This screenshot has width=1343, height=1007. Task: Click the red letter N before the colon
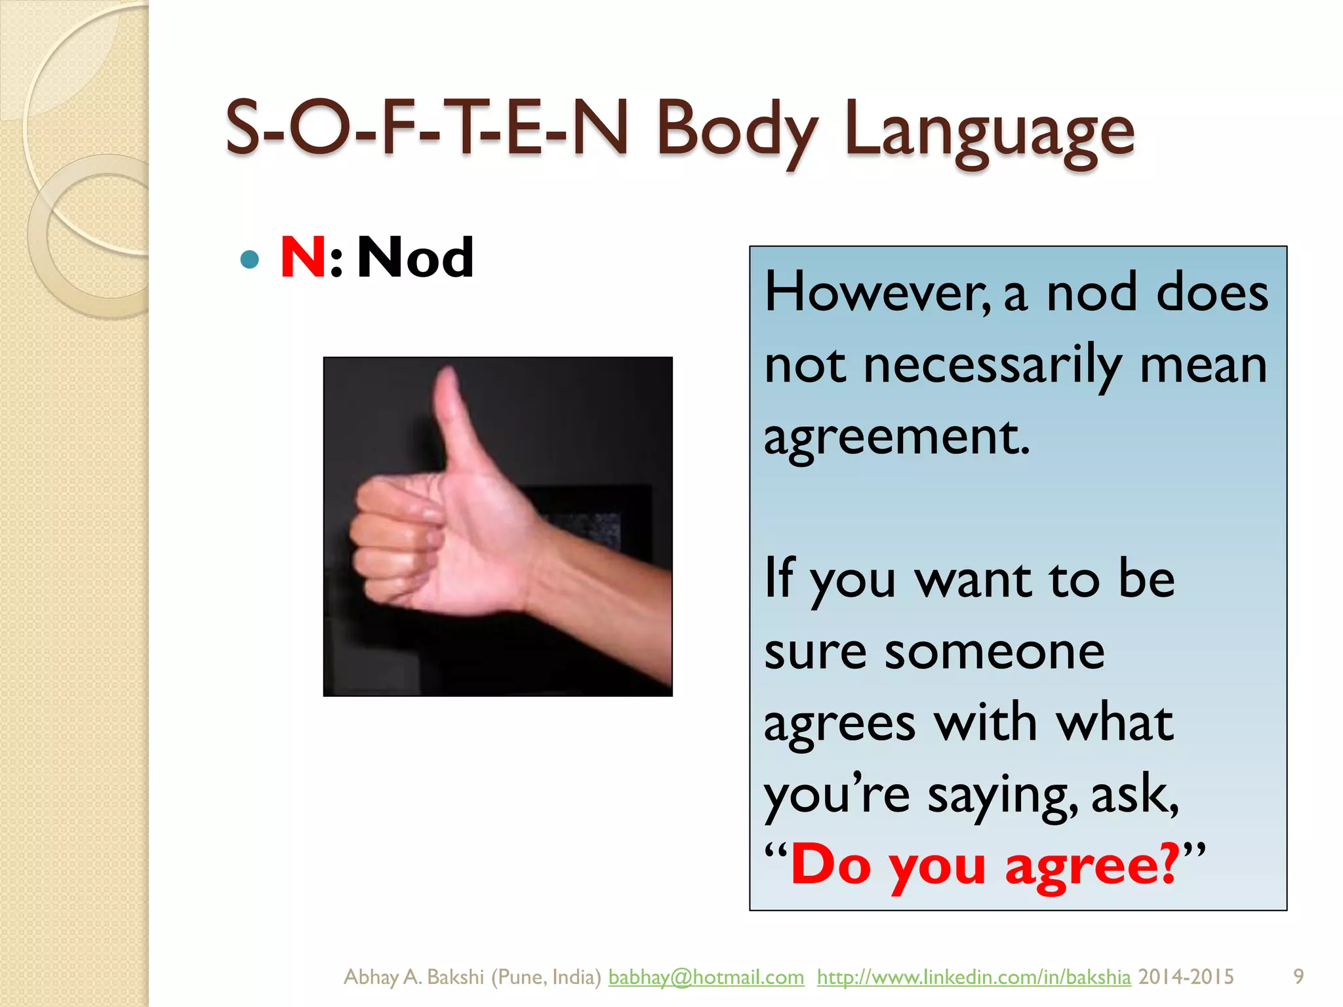[x=303, y=257]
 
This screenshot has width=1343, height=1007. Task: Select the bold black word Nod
[x=415, y=257]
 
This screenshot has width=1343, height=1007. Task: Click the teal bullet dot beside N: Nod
[x=249, y=260]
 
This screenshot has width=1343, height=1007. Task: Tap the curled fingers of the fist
[x=393, y=538]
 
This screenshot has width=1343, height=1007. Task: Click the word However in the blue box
[x=877, y=292]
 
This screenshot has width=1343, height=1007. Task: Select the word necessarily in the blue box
[x=992, y=366]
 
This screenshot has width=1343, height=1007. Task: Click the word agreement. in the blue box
[x=896, y=438]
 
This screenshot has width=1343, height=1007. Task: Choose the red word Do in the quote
[x=832, y=865]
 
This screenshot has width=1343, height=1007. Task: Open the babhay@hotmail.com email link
[x=706, y=977]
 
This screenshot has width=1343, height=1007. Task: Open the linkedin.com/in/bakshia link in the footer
[x=973, y=977]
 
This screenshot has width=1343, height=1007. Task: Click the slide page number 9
[x=1298, y=976]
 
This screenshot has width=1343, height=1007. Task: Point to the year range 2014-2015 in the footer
[x=1186, y=977]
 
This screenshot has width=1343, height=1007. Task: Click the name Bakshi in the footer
[x=455, y=977]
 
